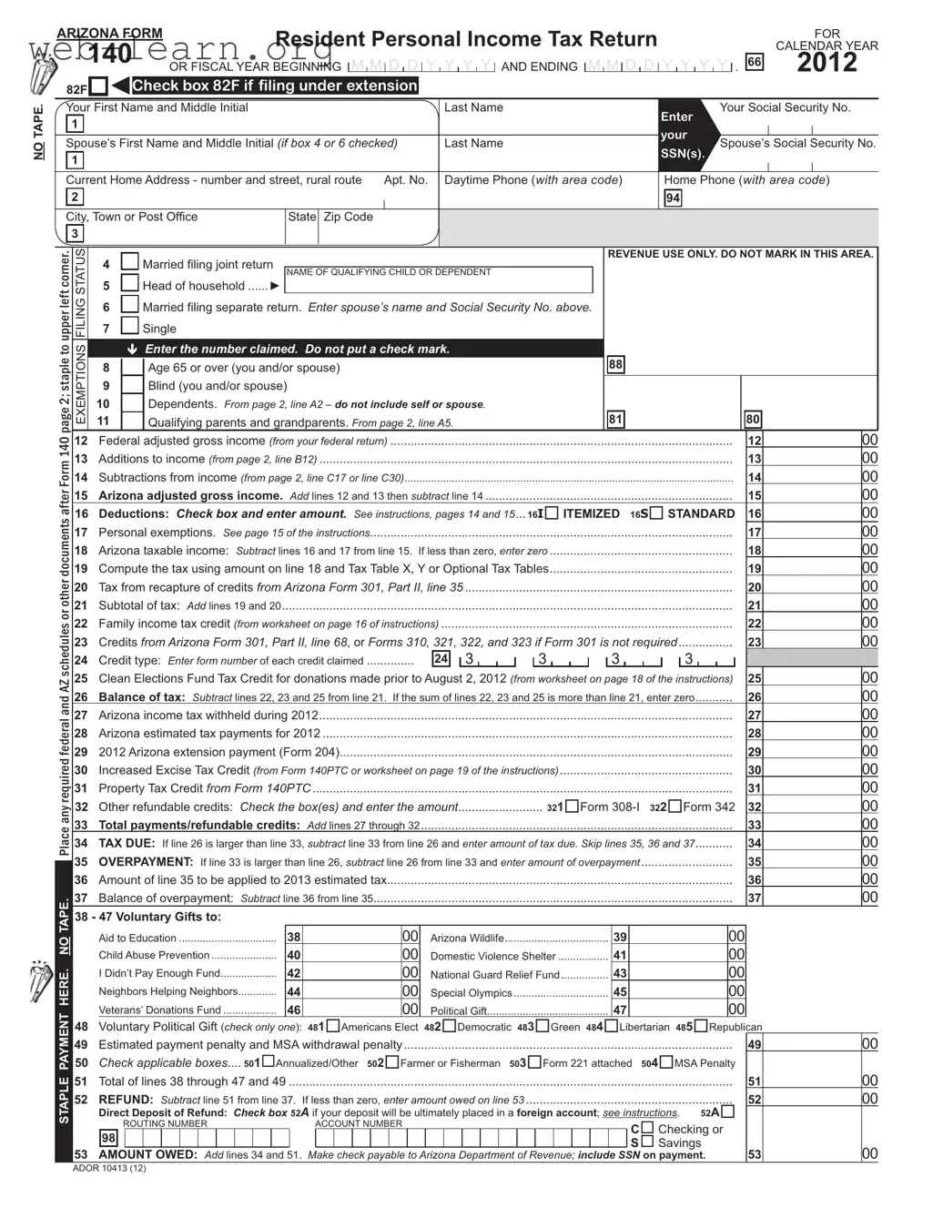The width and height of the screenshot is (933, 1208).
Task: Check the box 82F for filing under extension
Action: pyautogui.click(x=98, y=87)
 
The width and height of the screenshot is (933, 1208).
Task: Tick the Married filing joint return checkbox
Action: pyautogui.click(x=130, y=262)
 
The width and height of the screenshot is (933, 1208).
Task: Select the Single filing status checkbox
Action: pyautogui.click(x=130, y=326)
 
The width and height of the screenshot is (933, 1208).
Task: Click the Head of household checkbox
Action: pyautogui.click(x=130, y=284)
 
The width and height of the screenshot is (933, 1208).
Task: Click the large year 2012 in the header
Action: pyautogui.click(x=827, y=63)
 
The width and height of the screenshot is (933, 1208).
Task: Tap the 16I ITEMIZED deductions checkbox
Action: pyautogui.click(x=552, y=513)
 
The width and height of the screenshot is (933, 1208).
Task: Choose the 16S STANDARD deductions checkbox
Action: pyautogui.click(x=656, y=513)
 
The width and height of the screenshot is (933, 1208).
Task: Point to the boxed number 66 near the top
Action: pyautogui.click(x=754, y=62)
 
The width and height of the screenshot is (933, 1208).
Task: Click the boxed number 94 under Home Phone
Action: pyautogui.click(x=673, y=198)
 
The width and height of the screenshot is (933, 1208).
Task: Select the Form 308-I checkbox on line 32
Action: pyautogui.click(x=572, y=807)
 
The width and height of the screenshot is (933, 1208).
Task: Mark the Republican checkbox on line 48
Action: pyautogui.click(x=701, y=1026)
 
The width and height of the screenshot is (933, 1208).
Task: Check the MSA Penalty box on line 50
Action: pyautogui.click(x=666, y=1062)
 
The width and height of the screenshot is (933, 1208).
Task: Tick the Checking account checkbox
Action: pyautogui.click(x=647, y=1128)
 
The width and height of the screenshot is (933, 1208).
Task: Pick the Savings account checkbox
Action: pyautogui.click(x=647, y=1142)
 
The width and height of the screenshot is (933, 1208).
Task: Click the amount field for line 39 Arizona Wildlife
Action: pyautogui.click(x=678, y=937)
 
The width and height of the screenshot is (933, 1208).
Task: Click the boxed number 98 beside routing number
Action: pyautogui.click(x=108, y=1139)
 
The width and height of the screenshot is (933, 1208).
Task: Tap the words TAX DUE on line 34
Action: pyautogui.click(x=127, y=843)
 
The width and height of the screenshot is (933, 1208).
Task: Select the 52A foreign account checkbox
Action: pyautogui.click(x=727, y=1112)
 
